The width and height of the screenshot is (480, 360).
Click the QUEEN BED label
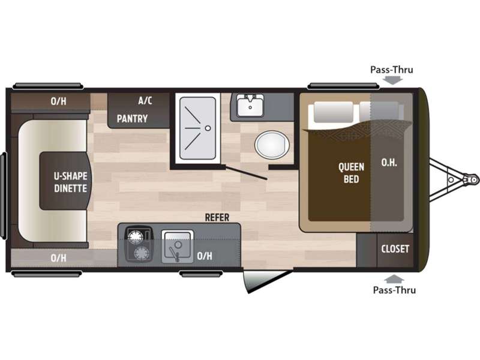351,173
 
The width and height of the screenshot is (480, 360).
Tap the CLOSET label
395,249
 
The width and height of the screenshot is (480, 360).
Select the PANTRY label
132,118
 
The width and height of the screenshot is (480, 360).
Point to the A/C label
145,100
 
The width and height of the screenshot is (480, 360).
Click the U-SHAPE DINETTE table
65,181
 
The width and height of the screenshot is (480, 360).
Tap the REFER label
217,218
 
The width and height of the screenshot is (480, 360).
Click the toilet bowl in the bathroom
272,145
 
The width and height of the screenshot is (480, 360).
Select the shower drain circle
208,128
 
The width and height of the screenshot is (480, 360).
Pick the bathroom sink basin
250,105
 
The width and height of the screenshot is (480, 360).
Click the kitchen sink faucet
175,253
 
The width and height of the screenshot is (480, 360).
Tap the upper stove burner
136,236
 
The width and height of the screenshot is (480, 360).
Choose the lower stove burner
142,253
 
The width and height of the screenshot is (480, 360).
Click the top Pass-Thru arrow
394,80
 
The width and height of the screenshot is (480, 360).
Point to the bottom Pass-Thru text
394,290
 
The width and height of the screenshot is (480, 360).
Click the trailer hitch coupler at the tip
471,179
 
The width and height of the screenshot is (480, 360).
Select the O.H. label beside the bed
389,163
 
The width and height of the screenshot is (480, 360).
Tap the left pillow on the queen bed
334,112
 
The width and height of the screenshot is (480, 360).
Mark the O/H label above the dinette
58,101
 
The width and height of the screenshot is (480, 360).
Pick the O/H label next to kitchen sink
205,256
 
